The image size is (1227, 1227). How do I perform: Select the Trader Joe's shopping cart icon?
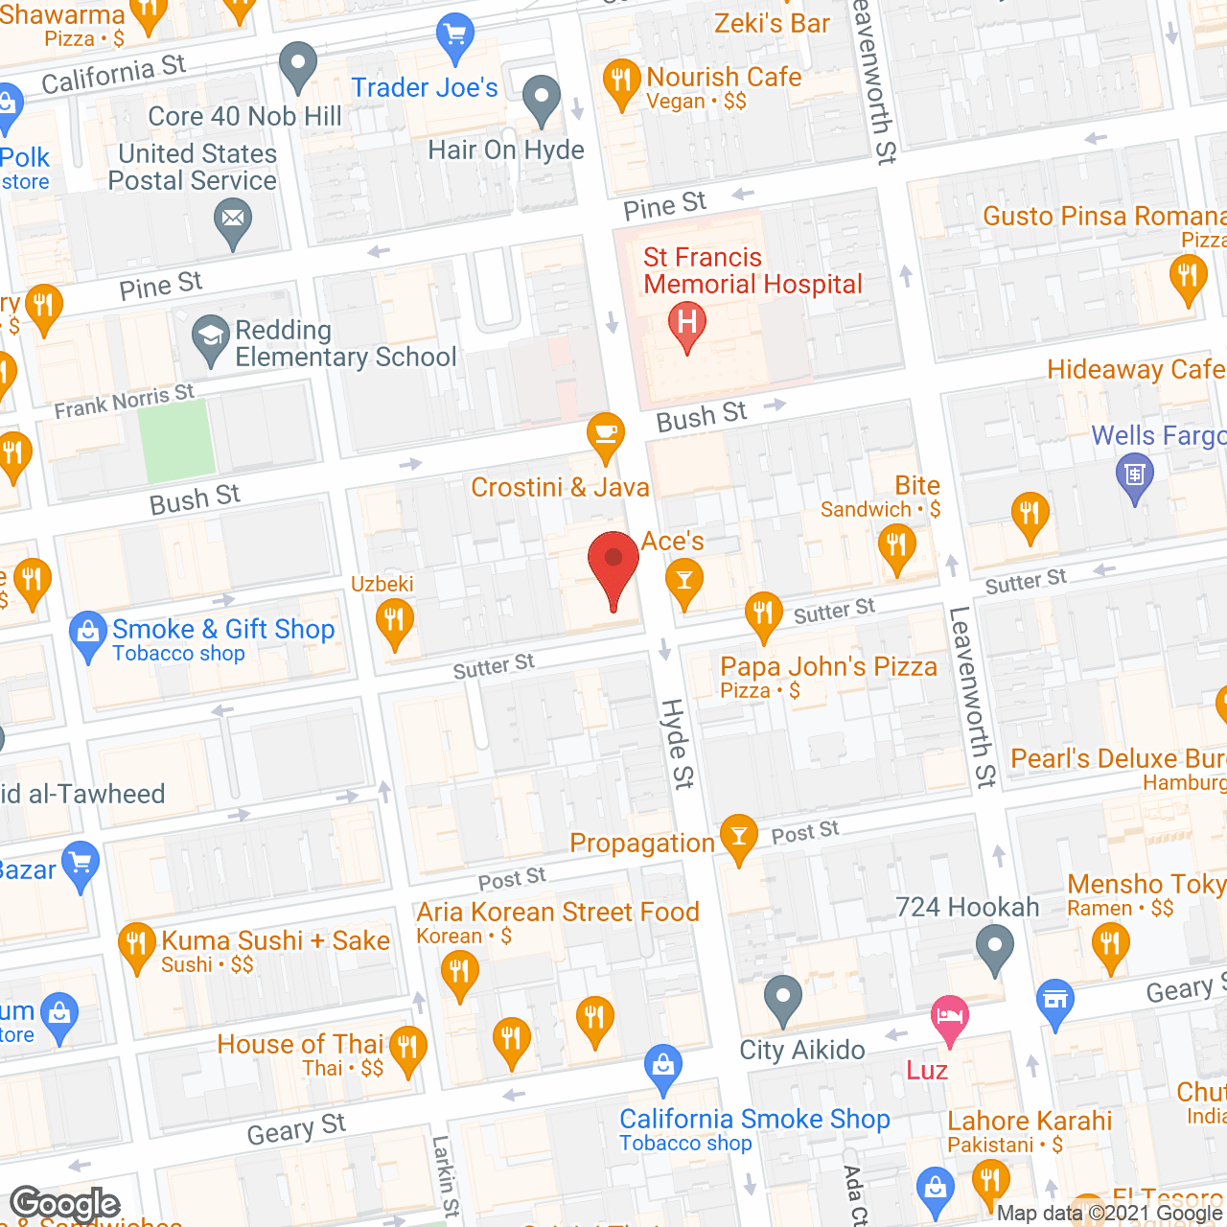pos(454,35)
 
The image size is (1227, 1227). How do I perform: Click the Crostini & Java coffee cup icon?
pos(605,433)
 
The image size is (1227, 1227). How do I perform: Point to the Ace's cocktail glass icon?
pos(683,580)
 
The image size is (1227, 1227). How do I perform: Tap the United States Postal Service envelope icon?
pos(232,219)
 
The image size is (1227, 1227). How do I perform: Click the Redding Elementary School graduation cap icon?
pos(209,337)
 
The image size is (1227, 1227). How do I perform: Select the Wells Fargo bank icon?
pos(1134,474)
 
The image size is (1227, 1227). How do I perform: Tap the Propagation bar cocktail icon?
pos(737,836)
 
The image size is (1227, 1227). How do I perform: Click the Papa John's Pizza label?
pos(828,667)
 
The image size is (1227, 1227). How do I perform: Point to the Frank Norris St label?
pos(124,402)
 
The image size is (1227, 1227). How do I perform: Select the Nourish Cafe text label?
pos(724,77)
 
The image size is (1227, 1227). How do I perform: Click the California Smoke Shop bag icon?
pos(662,1065)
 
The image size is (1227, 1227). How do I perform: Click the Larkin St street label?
pos(445,1176)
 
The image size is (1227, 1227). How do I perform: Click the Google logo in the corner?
pos(64,1203)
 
